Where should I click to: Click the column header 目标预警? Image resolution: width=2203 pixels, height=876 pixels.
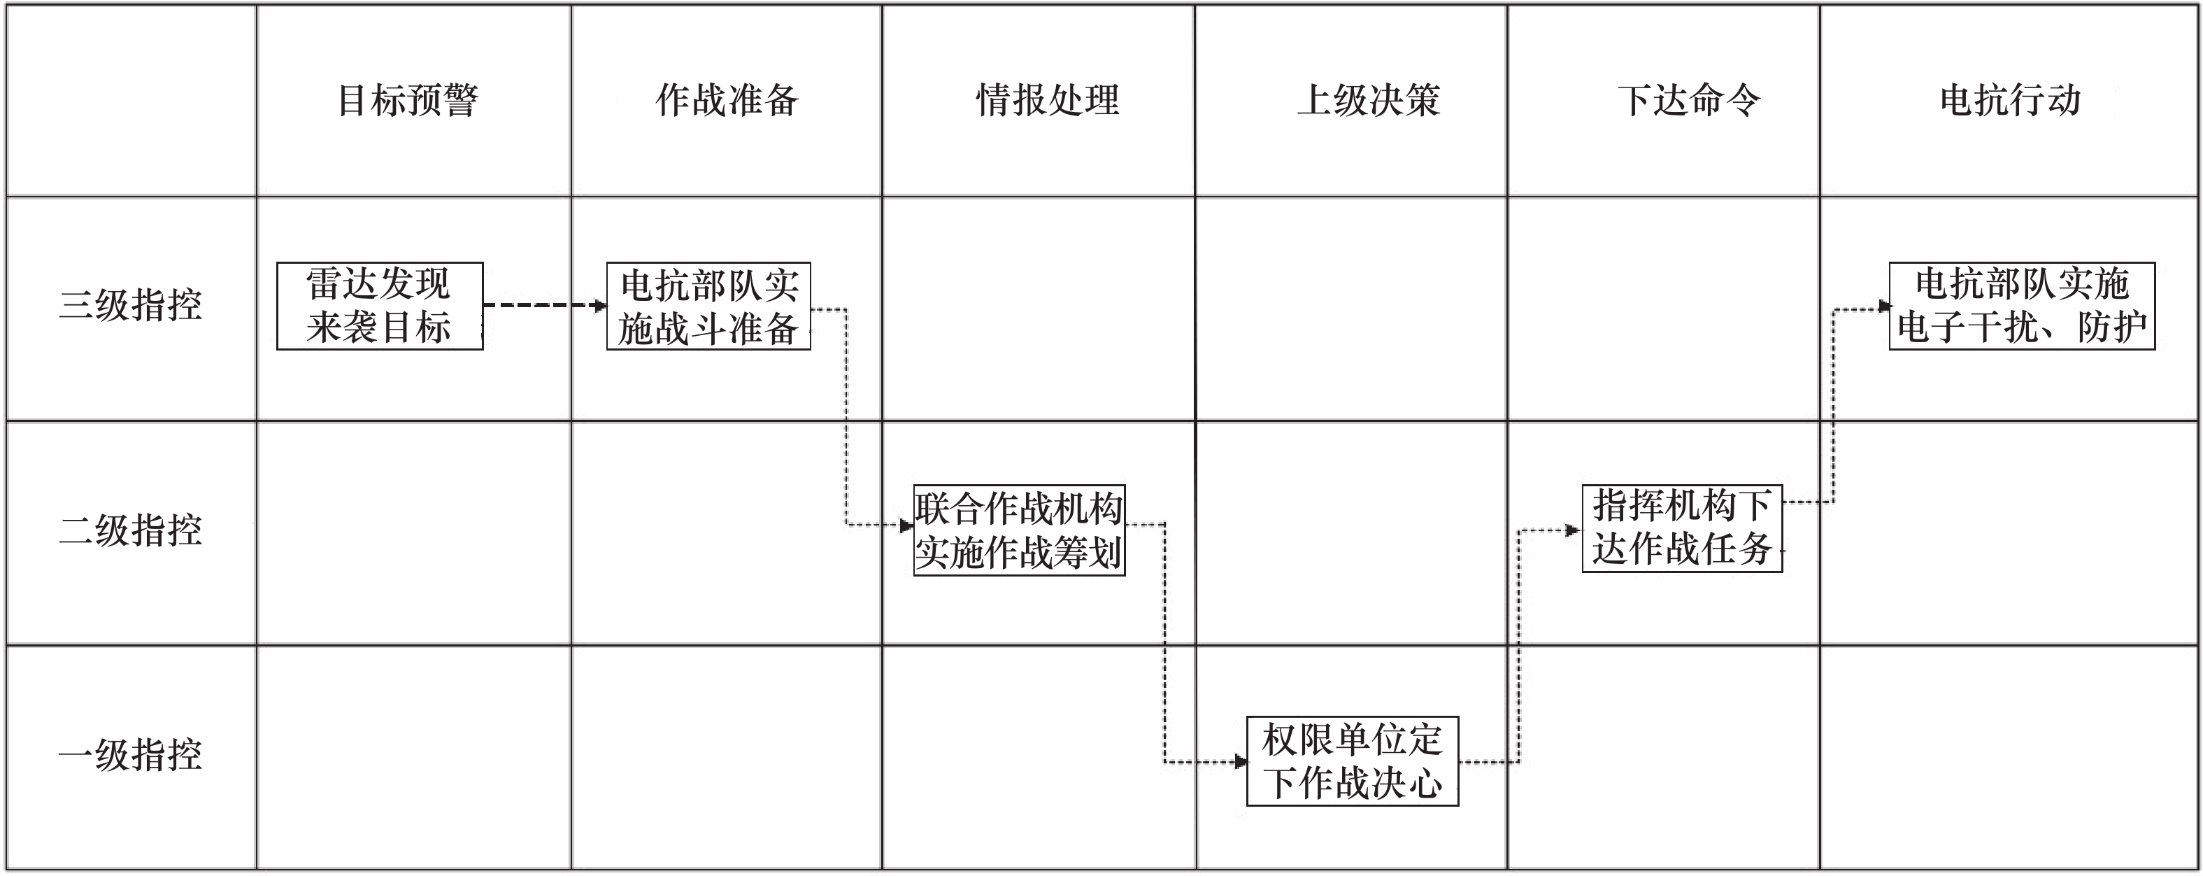tap(408, 100)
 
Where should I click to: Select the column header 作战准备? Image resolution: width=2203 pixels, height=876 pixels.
tap(727, 100)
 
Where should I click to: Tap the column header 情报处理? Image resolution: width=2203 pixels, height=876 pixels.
tap(1048, 100)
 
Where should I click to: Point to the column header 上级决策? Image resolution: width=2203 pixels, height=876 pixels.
tap(1369, 100)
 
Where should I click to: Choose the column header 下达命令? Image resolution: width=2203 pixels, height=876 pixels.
tap(1689, 100)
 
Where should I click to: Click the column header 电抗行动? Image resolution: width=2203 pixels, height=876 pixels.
tap(2010, 100)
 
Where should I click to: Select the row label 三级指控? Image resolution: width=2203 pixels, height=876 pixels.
tap(130, 305)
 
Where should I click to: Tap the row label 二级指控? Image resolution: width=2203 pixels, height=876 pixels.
tap(130, 530)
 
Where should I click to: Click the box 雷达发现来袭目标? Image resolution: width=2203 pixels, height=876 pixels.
tap(380, 305)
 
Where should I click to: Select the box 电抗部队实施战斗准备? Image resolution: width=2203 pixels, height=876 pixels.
tap(708, 305)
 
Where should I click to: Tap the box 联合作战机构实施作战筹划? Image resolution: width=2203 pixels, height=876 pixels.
tap(1018, 530)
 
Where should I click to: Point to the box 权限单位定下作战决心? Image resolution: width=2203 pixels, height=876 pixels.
tap(1352, 761)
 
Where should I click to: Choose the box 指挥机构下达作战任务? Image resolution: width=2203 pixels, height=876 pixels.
tap(1681, 527)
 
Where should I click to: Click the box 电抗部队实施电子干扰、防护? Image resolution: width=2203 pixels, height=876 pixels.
tap(2022, 305)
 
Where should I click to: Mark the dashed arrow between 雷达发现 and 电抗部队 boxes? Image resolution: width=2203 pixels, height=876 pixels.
tap(544, 304)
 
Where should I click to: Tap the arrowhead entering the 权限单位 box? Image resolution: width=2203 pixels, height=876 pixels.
tap(1240, 761)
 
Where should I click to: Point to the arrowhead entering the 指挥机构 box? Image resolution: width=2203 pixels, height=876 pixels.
tap(1573, 530)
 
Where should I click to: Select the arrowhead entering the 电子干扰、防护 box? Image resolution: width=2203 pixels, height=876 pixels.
tap(1884, 306)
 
